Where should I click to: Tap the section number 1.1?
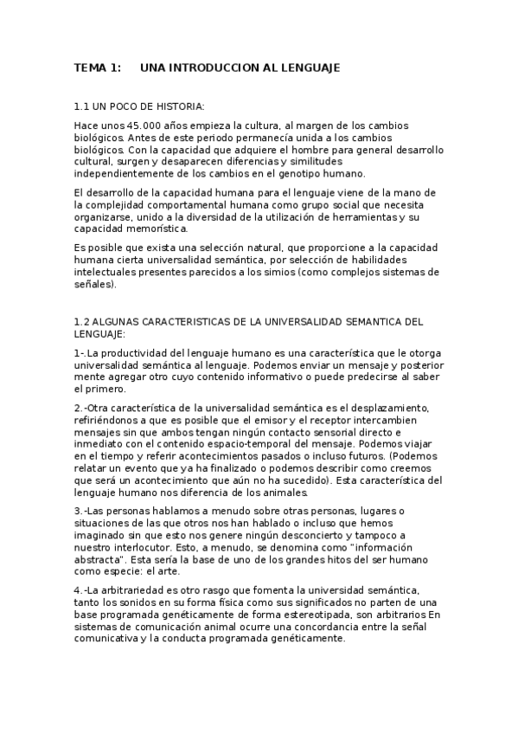[x=82, y=106]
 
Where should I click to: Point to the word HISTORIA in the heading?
[x=179, y=106]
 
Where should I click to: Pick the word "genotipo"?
[x=299, y=172]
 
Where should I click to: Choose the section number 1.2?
[x=82, y=321]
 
